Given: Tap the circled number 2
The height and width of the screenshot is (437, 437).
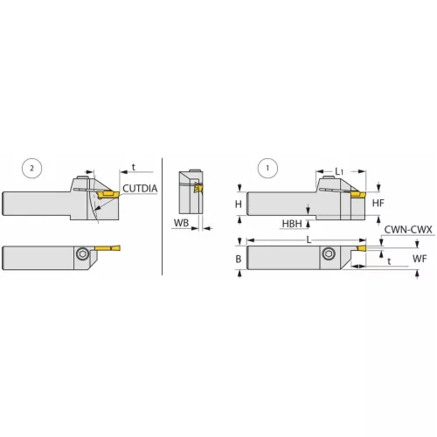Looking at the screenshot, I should [x=32, y=167].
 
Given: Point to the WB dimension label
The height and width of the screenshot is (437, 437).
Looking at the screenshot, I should [x=180, y=224].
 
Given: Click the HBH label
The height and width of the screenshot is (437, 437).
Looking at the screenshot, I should [x=293, y=224].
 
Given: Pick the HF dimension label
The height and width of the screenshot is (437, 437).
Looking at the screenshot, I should [x=378, y=203].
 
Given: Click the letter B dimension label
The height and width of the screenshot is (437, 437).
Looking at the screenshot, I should [x=239, y=258].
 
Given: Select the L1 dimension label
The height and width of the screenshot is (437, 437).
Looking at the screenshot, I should [x=341, y=170].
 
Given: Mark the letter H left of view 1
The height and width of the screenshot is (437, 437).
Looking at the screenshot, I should [x=239, y=203].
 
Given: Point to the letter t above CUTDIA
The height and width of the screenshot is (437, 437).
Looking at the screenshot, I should [x=133, y=165].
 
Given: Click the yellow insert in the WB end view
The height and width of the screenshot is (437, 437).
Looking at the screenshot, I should [x=199, y=187].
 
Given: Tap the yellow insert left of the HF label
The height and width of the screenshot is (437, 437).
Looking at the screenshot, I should [x=357, y=196].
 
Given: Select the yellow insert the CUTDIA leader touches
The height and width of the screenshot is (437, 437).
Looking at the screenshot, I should [x=108, y=194].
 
